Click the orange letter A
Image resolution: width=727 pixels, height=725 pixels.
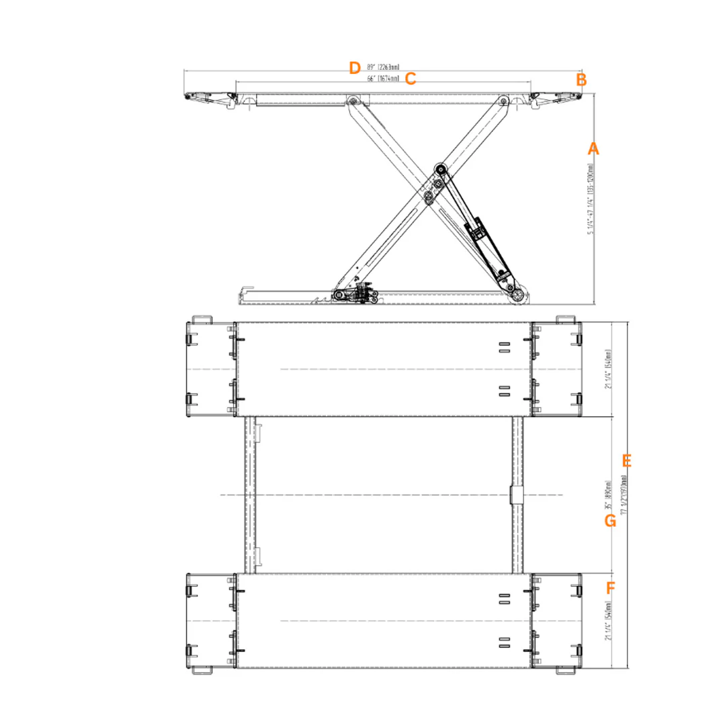593,148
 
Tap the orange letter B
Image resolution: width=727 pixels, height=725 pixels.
581,80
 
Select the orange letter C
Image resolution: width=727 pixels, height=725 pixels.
411,79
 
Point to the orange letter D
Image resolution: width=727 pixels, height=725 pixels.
355,68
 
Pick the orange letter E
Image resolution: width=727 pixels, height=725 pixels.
627,461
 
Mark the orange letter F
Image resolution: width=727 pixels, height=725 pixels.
610,589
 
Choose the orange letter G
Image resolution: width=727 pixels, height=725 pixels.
610,520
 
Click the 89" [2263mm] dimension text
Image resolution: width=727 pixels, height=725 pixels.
383,67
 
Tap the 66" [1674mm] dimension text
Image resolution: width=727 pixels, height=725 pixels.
382,79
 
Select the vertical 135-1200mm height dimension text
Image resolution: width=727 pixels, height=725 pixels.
591,200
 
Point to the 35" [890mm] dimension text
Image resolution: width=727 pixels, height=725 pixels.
608,497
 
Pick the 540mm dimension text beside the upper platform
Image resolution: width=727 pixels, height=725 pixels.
608,369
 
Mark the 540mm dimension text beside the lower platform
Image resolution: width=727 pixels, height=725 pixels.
608,621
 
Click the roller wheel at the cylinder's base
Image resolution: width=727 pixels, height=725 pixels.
519,295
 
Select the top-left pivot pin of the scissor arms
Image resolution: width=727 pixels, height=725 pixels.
351,101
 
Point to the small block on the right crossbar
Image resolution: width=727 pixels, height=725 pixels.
516,495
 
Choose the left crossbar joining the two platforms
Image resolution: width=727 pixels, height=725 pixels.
250,495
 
